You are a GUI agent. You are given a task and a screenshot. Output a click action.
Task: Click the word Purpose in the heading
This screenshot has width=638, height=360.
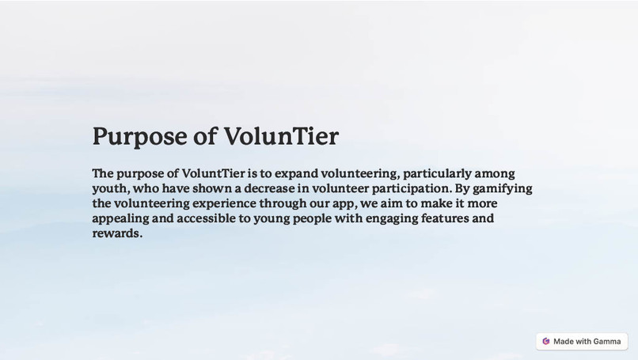tap(139, 136)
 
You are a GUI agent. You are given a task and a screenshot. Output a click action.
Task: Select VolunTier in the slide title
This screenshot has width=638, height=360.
tap(281, 136)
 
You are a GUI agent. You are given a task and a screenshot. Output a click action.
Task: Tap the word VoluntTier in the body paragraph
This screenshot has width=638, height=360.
tap(212, 173)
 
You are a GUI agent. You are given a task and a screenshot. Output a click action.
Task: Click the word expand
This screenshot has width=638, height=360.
tap(296, 173)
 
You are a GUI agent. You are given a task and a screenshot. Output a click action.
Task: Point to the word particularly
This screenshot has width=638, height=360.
tap(437, 173)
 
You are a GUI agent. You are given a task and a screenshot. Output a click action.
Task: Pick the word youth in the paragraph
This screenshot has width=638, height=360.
tap(110, 188)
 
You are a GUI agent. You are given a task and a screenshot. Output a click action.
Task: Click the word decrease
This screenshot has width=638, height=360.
tap(268, 188)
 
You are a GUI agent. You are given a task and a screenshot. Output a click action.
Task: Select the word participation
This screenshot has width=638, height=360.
tap(411, 188)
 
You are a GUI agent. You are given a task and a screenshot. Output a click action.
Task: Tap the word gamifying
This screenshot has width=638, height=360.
tap(503, 188)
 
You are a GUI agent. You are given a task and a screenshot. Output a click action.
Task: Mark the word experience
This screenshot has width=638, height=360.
tap(224, 203)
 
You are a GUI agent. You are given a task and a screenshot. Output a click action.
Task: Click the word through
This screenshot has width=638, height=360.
tap(283, 203)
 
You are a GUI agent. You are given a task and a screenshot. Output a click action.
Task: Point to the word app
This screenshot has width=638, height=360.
tap(343, 204)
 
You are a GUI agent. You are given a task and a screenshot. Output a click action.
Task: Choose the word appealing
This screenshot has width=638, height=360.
tap(120, 218)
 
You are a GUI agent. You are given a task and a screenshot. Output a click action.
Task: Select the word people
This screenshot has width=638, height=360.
tap(312, 218)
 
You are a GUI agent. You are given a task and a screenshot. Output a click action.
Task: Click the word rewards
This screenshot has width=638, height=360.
tap(116, 233)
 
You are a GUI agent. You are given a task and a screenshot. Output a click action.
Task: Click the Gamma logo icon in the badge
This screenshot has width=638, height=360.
tap(546, 341)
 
